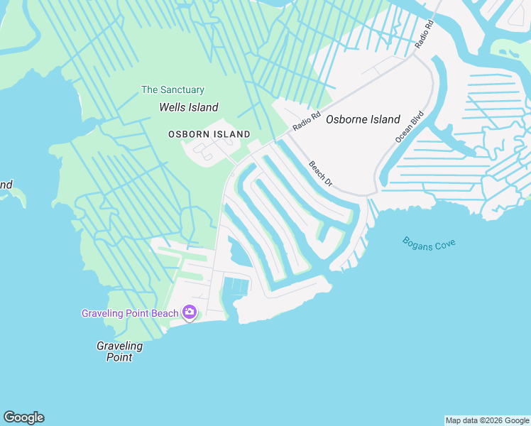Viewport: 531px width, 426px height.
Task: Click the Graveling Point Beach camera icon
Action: [190, 312]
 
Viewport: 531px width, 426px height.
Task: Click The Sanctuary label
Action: [173, 90]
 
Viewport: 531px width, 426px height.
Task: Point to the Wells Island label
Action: [188, 107]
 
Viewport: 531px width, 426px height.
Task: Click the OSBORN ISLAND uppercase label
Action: [209, 134]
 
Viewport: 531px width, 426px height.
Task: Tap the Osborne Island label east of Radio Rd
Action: [363, 119]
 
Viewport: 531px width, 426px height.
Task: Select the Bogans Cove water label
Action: [429, 244]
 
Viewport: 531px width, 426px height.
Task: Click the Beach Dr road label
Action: [320, 173]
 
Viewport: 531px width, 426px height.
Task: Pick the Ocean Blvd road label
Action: [410, 127]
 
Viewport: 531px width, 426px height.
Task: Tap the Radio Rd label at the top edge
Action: [424, 34]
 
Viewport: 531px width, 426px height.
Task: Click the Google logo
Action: [23, 417]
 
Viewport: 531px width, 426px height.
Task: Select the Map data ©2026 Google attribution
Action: [487, 420]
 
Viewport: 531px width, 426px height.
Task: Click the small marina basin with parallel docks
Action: [237, 287]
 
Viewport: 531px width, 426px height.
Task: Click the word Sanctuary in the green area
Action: [182, 90]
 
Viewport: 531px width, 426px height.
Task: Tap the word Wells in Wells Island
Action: [173, 107]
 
